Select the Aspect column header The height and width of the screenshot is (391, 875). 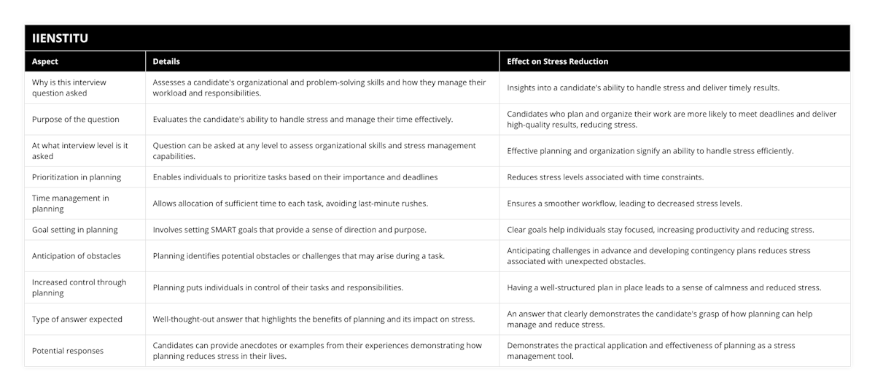point(45,61)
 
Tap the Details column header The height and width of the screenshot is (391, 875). point(166,61)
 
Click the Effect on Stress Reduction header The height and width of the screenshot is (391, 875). point(558,61)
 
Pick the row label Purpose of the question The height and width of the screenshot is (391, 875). point(76,119)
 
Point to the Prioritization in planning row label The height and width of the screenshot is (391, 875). point(77,177)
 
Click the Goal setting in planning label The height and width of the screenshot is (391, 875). point(74,230)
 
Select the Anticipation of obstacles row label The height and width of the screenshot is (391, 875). point(77,256)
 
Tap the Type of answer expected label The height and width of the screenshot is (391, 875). point(77,319)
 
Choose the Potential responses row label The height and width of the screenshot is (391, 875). point(68,351)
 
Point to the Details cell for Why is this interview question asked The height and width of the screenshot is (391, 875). point(319,88)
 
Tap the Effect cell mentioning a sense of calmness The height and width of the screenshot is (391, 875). point(664,287)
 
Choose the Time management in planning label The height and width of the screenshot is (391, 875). point(70,204)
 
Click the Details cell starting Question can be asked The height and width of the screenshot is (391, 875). point(314,150)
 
